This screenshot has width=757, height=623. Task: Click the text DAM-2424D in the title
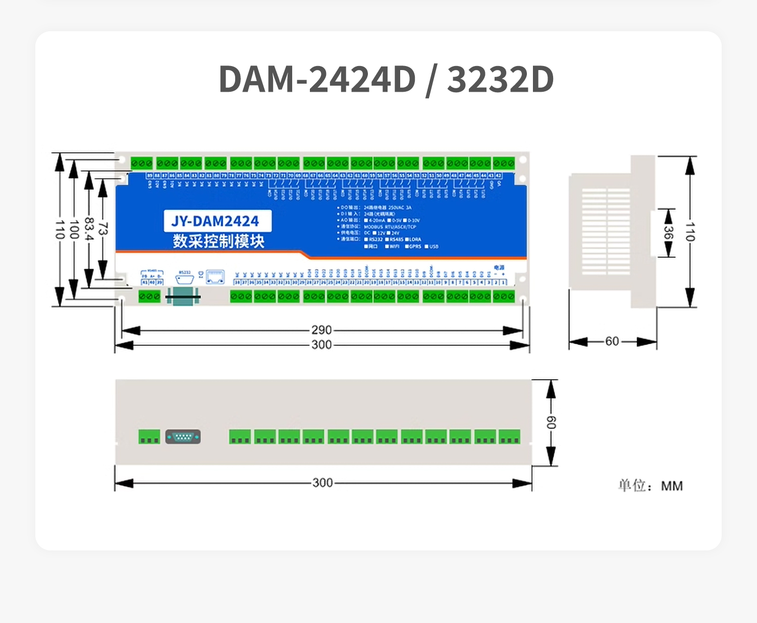tap(317, 80)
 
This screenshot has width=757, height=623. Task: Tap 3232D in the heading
tap(500, 80)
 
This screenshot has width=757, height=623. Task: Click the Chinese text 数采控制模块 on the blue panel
tap(218, 241)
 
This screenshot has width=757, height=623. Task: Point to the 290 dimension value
tap(321, 330)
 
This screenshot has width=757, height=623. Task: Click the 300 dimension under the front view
tap(321, 345)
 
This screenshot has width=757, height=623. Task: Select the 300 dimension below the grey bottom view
tap(322, 483)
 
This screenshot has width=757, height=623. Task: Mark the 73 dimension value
tap(102, 229)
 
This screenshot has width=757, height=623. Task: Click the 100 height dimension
tap(74, 229)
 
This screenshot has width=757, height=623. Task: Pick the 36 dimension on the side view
tap(668, 233)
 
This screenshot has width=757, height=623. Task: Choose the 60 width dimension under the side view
tap(612, 342)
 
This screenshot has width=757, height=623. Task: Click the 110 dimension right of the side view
tap(690, 231)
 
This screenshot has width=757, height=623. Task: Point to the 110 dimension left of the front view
tap(60, 229)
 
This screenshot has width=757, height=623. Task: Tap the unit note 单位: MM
tap(651, 486)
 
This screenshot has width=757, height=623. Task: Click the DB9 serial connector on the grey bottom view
tap(183, 437)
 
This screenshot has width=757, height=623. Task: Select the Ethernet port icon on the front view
tap(215, 277)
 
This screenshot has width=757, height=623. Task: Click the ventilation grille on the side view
tap(606, 231)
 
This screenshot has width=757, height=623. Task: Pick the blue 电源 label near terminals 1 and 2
tap(499, 268)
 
